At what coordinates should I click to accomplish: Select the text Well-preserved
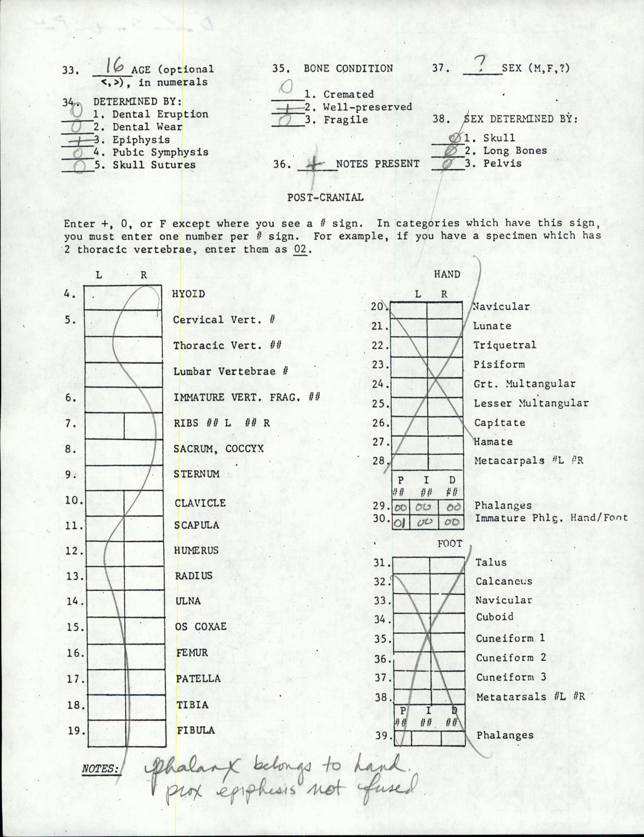tap(367, 107)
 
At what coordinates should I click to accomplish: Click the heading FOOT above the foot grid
tap(450, 544)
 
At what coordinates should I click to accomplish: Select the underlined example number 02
tap(300, 249)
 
